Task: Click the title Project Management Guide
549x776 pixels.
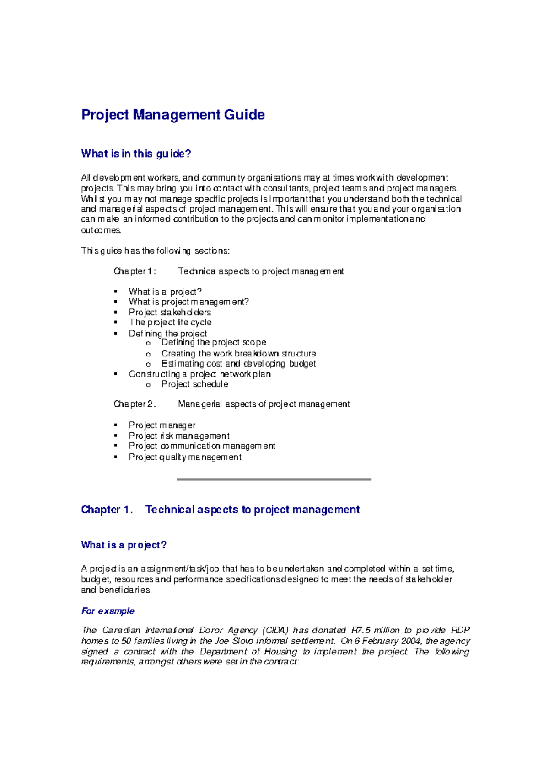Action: coord(173,114)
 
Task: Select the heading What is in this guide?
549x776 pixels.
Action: coord(136,154)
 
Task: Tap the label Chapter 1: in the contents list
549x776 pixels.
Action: coord(135,271)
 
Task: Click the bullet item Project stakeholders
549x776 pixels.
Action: coord(170,312)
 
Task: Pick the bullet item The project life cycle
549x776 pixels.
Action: coord(170,322)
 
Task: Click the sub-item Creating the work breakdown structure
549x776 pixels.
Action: coord(238,353)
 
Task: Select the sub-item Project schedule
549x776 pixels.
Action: coord(194,384)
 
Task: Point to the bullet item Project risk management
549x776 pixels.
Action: coord(179,436)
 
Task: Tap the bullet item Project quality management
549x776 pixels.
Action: coord(185,457)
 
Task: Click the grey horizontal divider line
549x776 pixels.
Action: coord(274,479)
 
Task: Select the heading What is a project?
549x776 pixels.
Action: coord(124,545)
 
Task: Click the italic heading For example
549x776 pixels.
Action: coord(108,611)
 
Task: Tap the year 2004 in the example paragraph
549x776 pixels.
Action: coord(411,641)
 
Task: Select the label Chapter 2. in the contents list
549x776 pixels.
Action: coord(135,404)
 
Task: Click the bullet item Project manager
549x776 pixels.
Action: coord(162,425)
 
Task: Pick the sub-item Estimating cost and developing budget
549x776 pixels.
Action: coord(238,363)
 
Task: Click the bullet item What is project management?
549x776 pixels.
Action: coord(188,302)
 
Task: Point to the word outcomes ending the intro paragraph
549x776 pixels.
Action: coord(101,230)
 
